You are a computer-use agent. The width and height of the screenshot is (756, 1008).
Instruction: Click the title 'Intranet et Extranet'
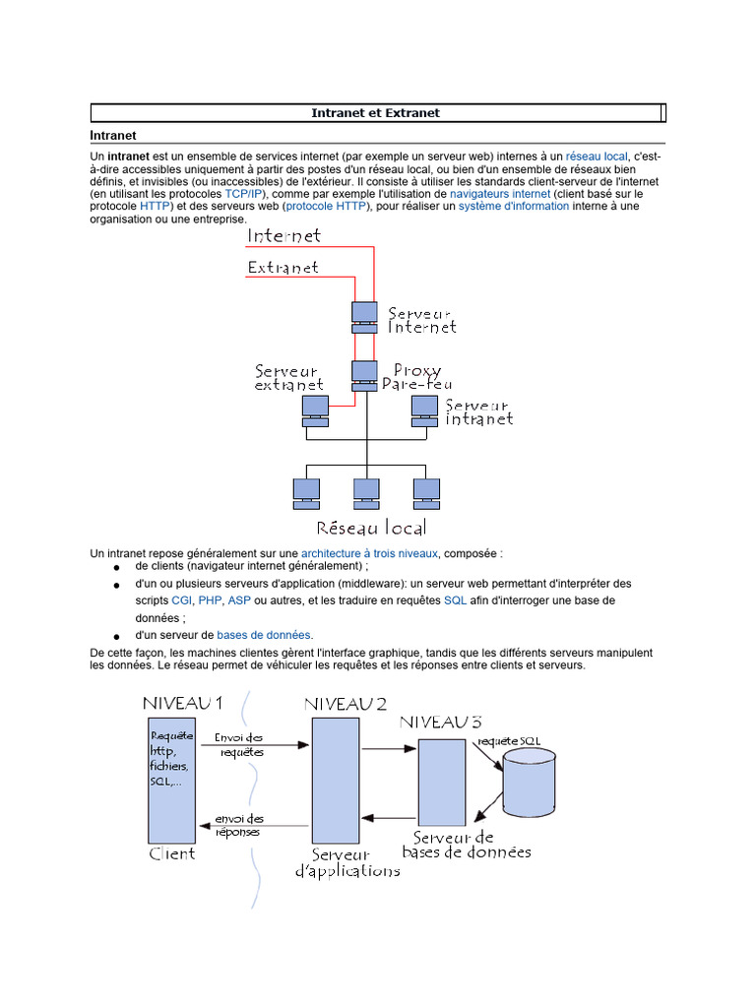(x=375, y=113)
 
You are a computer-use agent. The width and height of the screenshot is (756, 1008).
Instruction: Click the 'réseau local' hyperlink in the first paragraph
(x=597, y=157)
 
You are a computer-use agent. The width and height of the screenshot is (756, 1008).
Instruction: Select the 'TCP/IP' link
(x=245, y=194)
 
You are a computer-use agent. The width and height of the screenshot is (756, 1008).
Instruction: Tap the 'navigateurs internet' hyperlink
(x=499, y=194)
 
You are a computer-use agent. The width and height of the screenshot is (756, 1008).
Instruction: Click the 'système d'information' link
(x=513, y=207)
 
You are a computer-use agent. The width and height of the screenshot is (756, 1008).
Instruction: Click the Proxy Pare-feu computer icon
(x=363, y=375)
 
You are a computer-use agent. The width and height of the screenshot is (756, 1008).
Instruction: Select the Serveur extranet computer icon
(x=314, y=409)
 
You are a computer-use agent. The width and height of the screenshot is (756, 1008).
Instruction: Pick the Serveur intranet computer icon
(x=423, y=409)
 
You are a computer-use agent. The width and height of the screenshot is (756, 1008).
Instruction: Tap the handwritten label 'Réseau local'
(x=370, y=528)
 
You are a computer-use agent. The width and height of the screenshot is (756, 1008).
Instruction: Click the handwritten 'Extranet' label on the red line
(x=283, y=267)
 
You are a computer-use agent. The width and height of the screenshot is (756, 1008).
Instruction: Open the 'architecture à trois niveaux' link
(x=369, y=553)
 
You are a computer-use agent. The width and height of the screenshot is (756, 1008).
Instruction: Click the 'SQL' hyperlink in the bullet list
(x=455, y=599)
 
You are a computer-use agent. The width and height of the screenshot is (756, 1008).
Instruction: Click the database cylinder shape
(x=529, y=779)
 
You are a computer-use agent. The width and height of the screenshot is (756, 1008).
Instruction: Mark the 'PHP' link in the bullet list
(x=210, y=599)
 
